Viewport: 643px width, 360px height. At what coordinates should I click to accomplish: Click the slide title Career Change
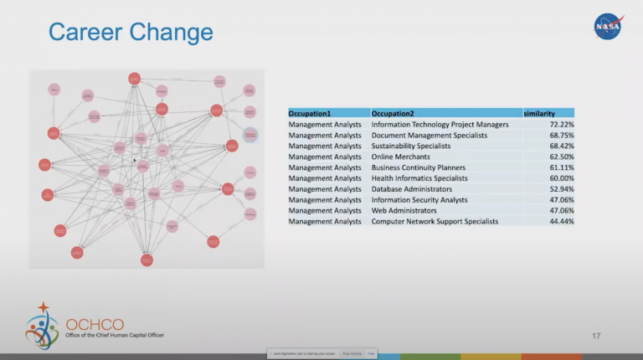coord(131,33)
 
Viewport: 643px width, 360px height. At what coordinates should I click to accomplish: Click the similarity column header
coord(539,113)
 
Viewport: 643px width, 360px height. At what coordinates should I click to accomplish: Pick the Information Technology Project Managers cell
coord(440,124)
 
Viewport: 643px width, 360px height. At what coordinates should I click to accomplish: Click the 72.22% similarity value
coord(561,124)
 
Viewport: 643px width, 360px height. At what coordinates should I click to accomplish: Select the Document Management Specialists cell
coord(429,135)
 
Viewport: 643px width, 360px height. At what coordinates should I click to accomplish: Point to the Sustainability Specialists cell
coord(411,146)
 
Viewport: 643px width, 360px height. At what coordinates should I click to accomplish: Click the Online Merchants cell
coord(401,157)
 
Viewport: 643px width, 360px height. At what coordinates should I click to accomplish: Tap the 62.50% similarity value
coord(561,157)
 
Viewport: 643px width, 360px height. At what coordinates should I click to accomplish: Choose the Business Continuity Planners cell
coord(419,167)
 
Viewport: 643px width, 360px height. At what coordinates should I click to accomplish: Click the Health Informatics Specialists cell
coord(419,178)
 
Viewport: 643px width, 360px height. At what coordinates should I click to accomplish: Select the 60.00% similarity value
coord(561,178)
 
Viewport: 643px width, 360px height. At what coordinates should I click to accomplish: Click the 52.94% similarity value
coord(561,189)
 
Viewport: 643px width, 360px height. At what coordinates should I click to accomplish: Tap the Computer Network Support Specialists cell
coord(435,222)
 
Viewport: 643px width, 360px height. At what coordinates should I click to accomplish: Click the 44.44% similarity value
coord(561,222)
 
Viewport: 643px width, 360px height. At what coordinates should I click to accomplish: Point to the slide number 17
coord(596,336)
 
